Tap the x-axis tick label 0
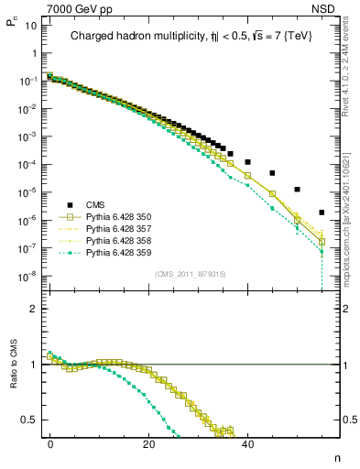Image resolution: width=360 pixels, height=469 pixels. click(x=50, y=443)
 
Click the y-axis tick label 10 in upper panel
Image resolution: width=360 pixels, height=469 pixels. click(x=30, y=25)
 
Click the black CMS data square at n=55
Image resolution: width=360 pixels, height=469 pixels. click(x=321, y=213)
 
